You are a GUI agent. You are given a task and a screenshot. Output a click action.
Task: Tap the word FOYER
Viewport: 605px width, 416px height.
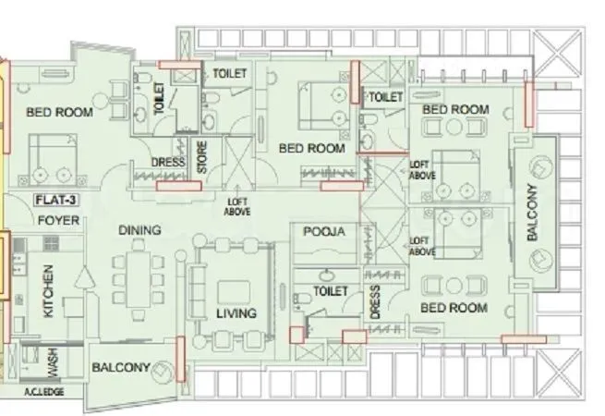(x=57, y=221)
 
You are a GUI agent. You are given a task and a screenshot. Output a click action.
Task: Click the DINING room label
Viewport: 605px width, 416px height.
(x=139, y=230)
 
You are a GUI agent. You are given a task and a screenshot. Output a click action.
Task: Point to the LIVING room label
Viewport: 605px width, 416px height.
(x=236, y=313)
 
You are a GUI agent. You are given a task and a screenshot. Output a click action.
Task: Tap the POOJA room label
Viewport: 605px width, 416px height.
(x=323, y=232)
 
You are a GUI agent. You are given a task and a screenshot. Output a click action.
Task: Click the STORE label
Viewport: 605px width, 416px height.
(x=201, y=158)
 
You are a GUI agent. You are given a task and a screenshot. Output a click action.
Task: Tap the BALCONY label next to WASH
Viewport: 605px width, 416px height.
(x=121, y=367)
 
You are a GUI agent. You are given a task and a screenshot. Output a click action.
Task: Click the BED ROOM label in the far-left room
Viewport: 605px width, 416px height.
(x=59, y=113)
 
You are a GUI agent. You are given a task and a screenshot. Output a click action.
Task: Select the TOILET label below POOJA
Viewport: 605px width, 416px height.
(x=330, y=290)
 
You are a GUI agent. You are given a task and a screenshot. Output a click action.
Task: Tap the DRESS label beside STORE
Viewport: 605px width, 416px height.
(x=167, y=164)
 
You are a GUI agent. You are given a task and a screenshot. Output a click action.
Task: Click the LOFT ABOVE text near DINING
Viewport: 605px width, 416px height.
(x=237, y=205)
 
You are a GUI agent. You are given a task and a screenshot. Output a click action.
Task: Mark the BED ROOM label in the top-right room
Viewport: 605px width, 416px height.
(x=455, y=109)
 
